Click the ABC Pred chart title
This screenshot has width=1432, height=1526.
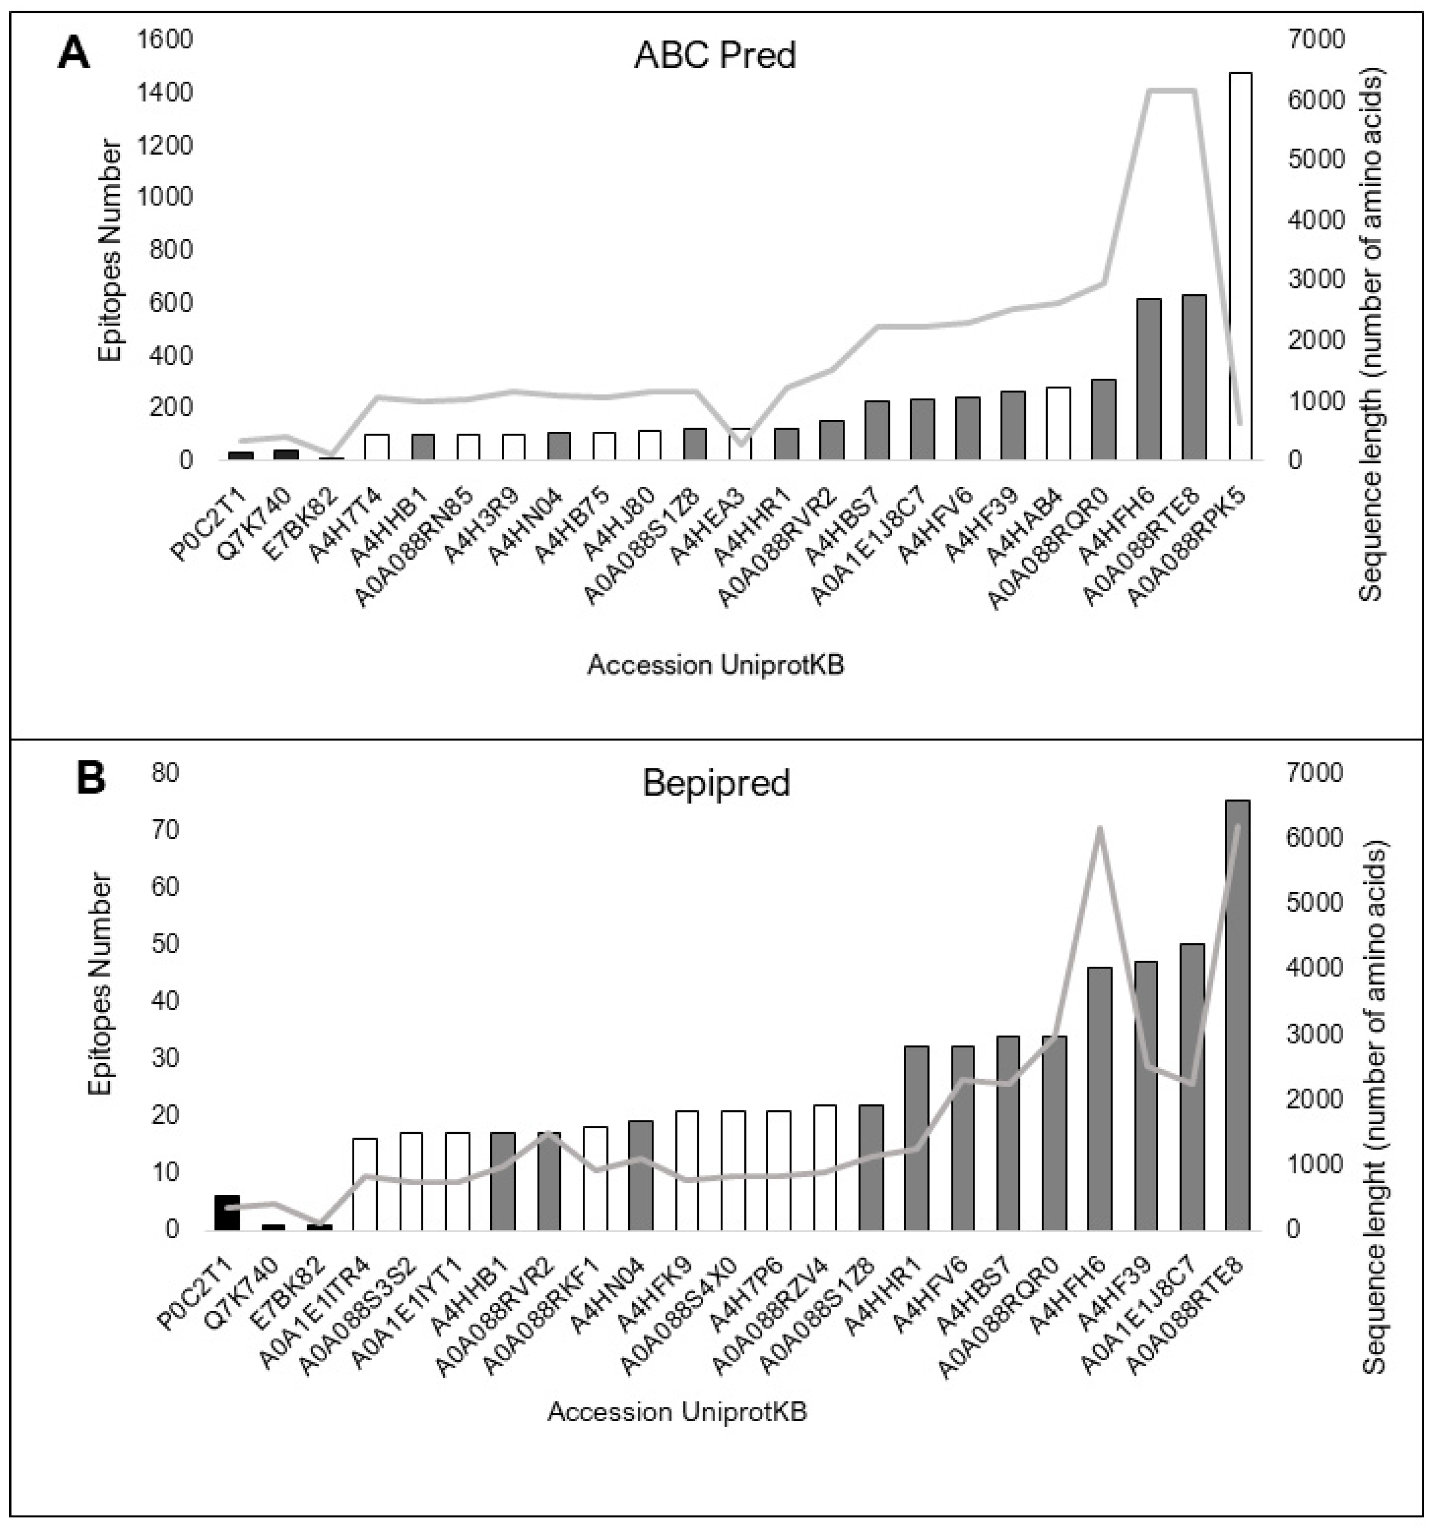[714, 55]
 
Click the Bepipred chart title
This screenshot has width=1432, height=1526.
[715, 783]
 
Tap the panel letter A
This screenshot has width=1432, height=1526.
[74, 55]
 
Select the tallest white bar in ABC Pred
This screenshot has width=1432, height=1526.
[1239, 269]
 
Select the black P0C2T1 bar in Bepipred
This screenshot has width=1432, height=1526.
[227, 1213]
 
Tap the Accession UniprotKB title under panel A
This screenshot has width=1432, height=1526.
[715, 665]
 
